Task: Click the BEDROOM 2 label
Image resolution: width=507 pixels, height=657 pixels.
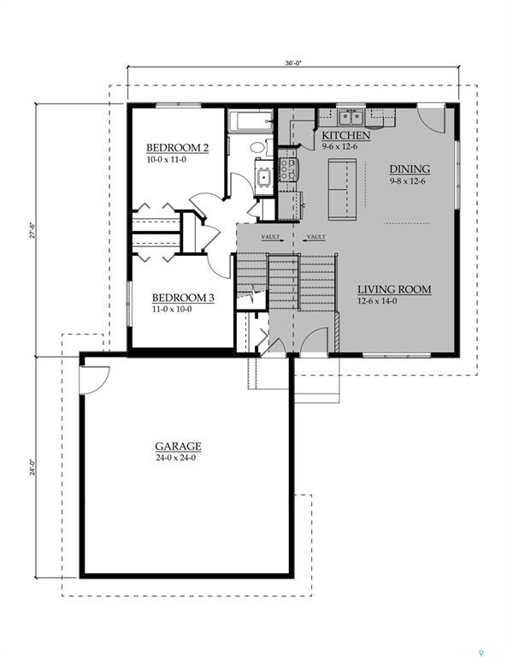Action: [177, 147]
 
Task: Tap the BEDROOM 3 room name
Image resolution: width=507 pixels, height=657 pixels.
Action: [183, 298]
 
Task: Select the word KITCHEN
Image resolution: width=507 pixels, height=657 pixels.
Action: [345, 135]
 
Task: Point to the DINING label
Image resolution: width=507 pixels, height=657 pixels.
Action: [410, 169]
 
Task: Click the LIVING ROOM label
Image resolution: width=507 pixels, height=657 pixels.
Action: [393, 289]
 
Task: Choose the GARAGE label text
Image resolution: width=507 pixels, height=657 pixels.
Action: [178, 446]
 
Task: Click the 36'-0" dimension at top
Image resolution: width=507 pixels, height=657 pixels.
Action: [292, 62]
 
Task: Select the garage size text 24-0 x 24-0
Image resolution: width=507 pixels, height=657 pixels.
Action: [178, 458]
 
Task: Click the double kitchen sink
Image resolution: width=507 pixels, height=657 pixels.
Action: [351, 117]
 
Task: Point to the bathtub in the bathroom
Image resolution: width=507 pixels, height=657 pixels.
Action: [250, 121]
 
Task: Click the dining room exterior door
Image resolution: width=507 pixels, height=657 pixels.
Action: [431, 117]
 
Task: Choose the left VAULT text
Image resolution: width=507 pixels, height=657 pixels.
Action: [271, 237]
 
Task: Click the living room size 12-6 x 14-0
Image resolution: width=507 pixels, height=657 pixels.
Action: [393, 301]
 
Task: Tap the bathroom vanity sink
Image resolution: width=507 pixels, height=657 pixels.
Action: [263, 177]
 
